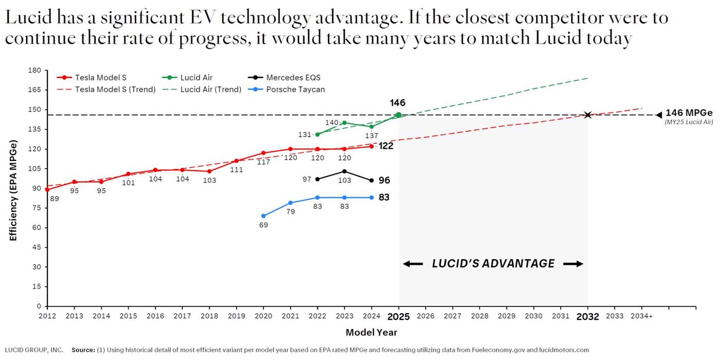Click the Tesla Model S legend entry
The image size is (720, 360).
[101, 78]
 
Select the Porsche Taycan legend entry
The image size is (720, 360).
[295, 89]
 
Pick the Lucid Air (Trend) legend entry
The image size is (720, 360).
[210, 89]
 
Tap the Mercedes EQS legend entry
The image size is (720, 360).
[293, 78]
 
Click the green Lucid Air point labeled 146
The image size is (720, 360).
[399, 115]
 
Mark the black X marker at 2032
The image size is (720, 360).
[588, 115]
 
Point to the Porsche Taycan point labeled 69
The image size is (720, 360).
[263, 216]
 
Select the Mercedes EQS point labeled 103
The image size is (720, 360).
[345, 171]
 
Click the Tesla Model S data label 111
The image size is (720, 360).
[237, 170]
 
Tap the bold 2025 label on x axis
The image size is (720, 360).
[399, 317]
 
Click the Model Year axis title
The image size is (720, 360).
[371, 333]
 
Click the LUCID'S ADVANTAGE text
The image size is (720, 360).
[493, 264]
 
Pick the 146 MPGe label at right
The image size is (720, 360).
[689, 113]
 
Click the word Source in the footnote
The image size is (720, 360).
[83, 350]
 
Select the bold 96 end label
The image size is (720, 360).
[384, 181]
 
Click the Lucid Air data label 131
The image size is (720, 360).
[304, 135]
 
